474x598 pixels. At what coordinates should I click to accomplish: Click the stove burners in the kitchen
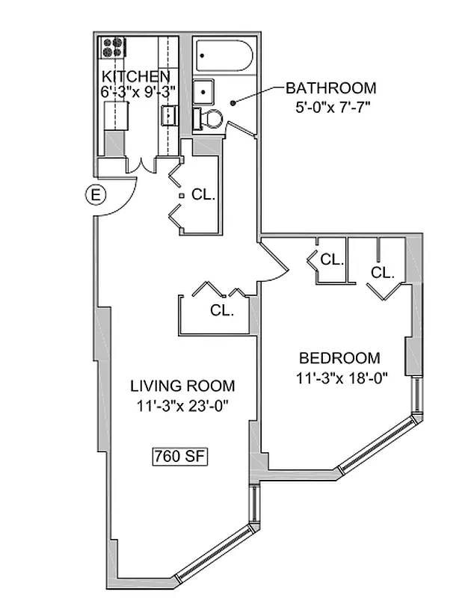[113, 48]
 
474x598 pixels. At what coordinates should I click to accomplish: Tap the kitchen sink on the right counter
[169, 115]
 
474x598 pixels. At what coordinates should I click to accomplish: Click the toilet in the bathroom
[209, 118]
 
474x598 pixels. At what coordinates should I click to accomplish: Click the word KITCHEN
[135, 77]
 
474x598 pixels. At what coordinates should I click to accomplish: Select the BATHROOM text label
[330, 88]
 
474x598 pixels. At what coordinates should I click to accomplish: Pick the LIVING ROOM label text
[182, 386]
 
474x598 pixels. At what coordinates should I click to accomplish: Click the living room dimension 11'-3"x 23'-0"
[182, 406]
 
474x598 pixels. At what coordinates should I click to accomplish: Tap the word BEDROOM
[339, 358]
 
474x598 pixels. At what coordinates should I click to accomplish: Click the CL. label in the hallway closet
[203, 195]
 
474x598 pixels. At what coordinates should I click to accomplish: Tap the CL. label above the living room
[221, 310]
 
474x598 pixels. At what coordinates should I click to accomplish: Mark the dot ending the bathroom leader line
[233, 102]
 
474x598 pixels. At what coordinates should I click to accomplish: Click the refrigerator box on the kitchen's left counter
[116, 117]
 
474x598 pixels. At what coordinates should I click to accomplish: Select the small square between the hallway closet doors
[181, 196]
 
